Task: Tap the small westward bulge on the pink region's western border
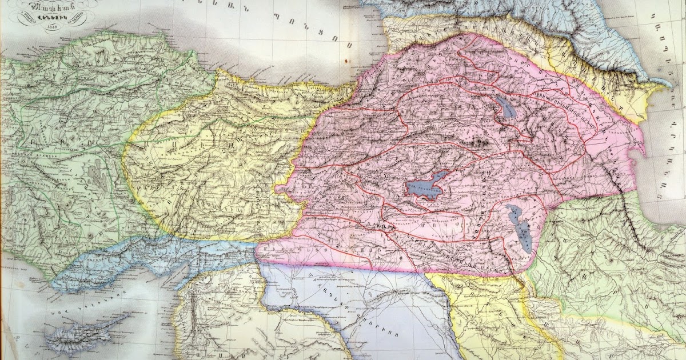point(280,187)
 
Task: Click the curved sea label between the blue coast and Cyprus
point(86,296)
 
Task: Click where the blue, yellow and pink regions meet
point(257,243)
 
